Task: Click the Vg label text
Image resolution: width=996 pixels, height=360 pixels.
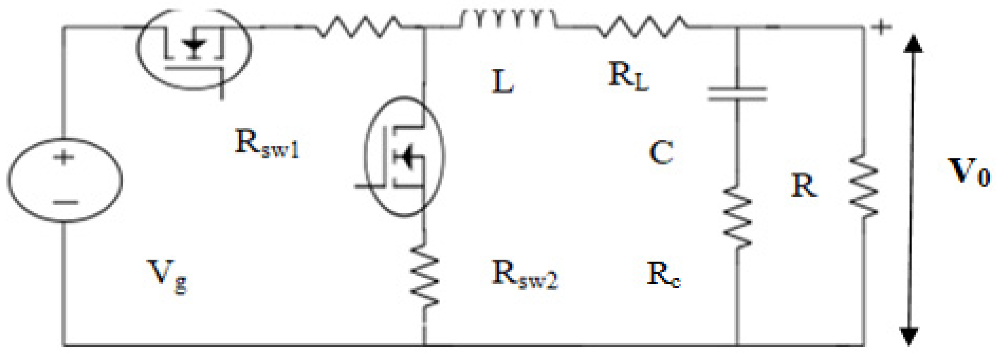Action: [167, 275]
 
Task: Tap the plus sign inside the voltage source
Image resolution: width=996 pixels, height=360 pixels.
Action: [64, 158]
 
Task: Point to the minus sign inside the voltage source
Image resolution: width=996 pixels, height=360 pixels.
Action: [65, 202]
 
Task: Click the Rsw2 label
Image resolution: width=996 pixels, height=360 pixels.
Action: [524, 275]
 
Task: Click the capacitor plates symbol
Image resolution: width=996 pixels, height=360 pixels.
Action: [737, 94]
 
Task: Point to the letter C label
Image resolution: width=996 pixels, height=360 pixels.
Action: [661, 153]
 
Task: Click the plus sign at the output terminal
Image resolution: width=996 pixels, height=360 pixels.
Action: [881, 27]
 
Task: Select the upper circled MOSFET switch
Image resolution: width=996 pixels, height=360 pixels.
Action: [193, 49]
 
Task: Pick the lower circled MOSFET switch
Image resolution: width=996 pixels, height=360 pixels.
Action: [404, 157]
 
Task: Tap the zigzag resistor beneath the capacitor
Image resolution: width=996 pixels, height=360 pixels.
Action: [737, 218]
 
